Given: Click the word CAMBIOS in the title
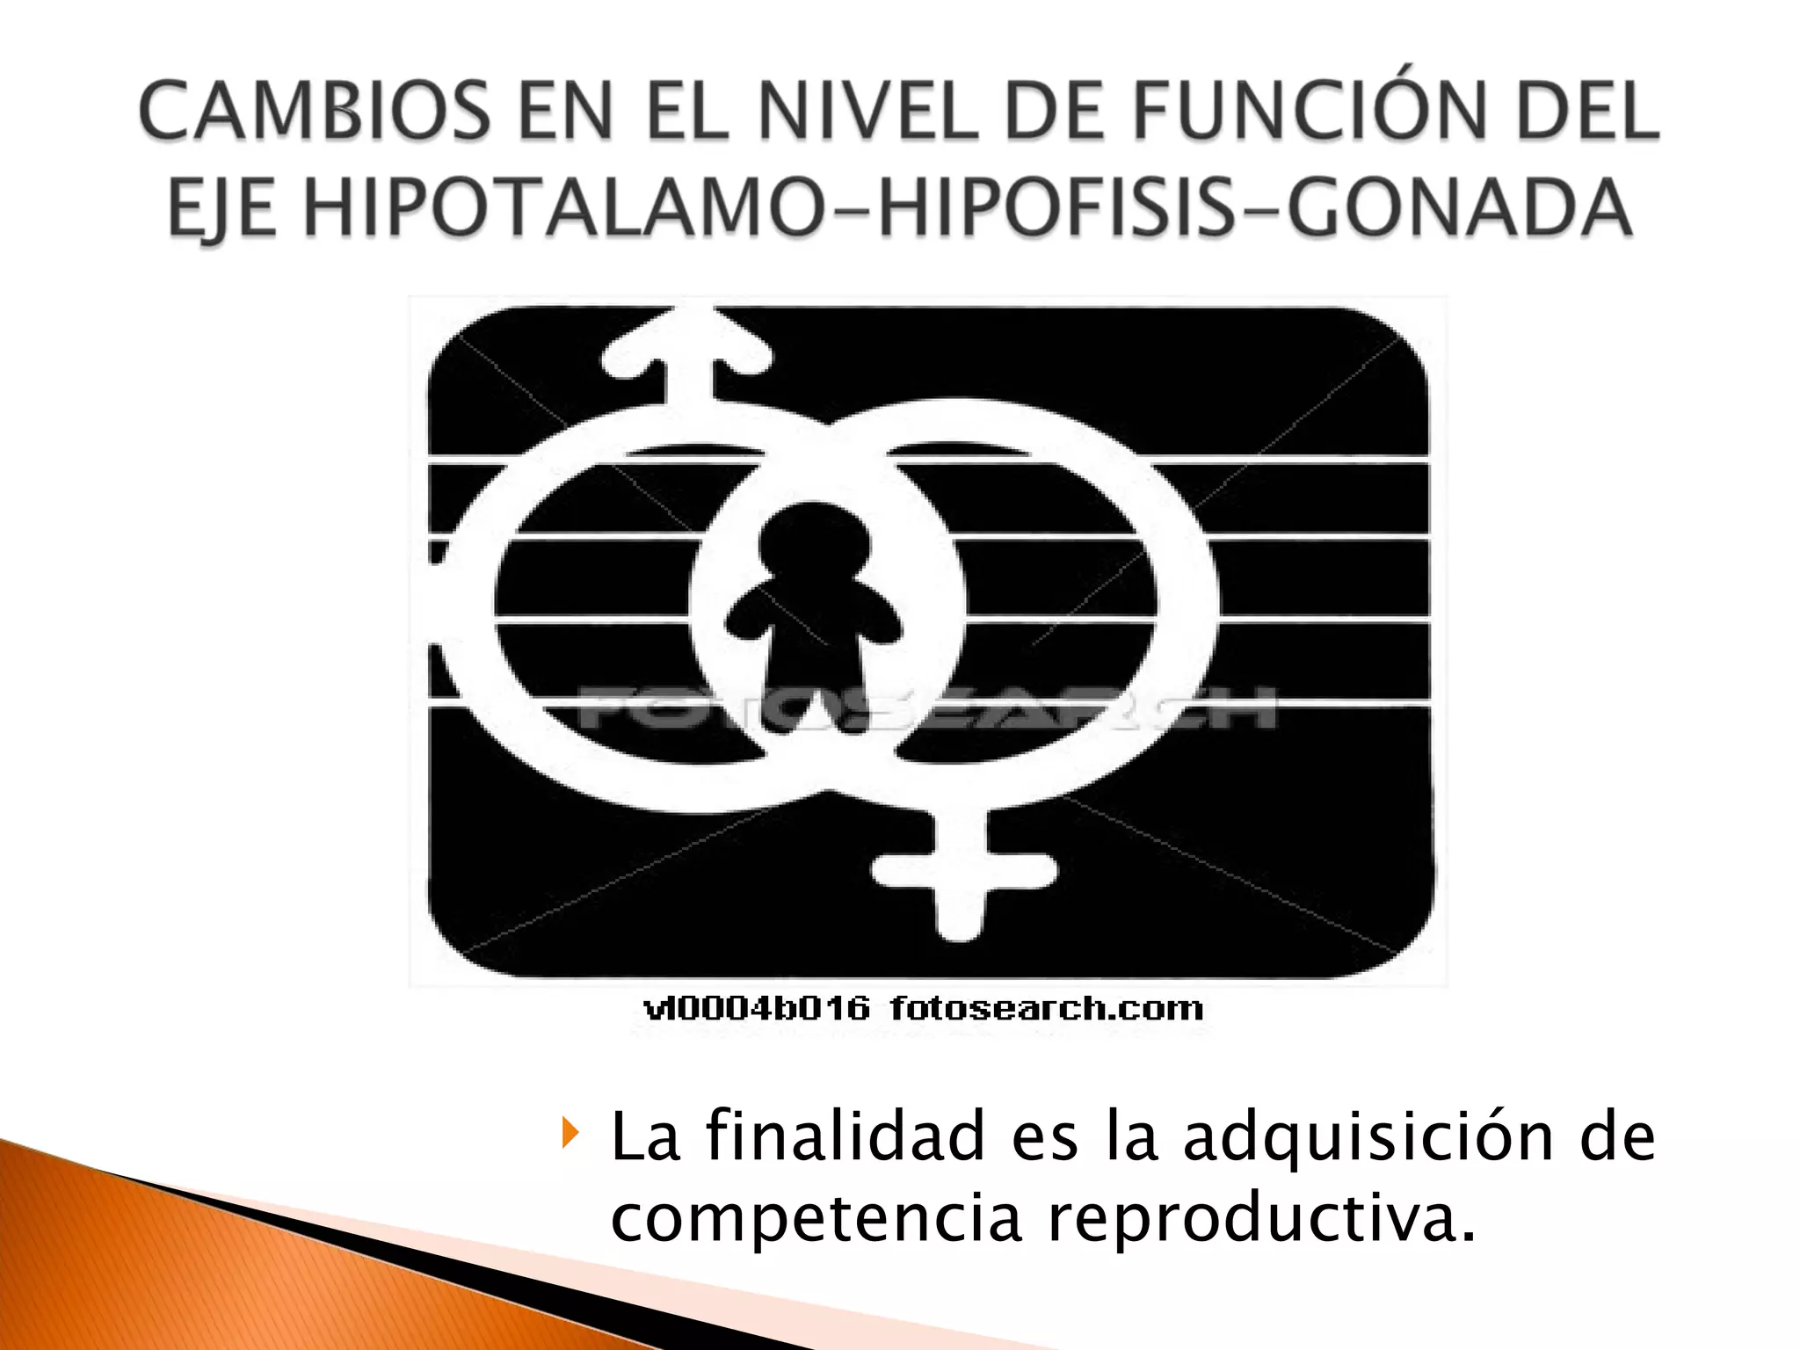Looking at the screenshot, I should [314, 112].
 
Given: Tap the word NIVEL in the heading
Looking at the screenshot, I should [867, 112].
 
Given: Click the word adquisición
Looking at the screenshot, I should [1368, 1138].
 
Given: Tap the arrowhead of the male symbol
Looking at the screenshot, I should [688, 347].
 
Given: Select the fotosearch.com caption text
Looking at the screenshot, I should [1046, 1009].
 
